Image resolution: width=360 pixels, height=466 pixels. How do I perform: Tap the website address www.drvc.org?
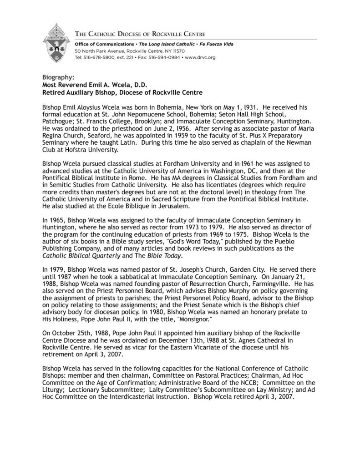[200, 58]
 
